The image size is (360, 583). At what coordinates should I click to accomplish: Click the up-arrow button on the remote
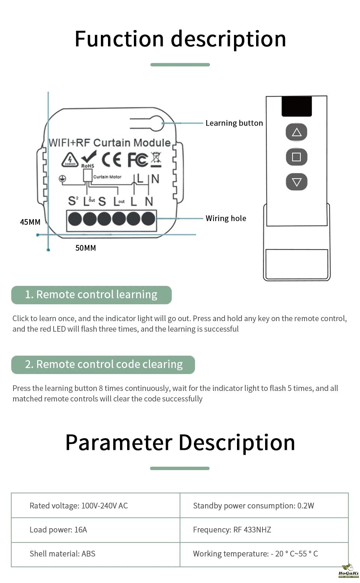[x=297, y=132]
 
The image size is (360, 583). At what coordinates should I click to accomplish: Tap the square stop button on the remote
[x=297, y=157]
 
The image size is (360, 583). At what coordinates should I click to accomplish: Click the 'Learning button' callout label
[x=234, y=123]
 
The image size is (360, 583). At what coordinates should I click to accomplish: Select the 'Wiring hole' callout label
[x=226, y=218]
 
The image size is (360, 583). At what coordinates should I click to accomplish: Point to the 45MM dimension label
[x=30, y=222]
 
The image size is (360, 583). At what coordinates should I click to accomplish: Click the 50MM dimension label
[x=85, y=248]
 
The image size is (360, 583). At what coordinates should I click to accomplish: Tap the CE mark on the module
[x=111, y=160]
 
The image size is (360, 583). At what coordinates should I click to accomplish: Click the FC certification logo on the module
[x=137, y=160]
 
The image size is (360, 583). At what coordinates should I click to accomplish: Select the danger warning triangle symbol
[x=70, y=160]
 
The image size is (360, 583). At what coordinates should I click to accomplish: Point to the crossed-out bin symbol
[x=156, y=159]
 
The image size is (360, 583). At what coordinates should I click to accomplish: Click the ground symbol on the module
[x=62, y=179]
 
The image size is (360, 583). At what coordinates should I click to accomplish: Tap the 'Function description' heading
[x=180, y=39]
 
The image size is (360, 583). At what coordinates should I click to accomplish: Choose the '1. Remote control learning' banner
[x=91, y=295]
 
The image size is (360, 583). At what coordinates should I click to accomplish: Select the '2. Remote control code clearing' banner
[x=103, y=365]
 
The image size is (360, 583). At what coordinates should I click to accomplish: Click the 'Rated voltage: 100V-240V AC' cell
[x=79, y=506]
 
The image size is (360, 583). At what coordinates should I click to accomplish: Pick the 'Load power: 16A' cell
[x=58, y=530]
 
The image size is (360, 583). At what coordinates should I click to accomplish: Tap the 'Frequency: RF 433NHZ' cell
[x=232, y=530]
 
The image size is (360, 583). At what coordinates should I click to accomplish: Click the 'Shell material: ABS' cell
[x=62, y=554]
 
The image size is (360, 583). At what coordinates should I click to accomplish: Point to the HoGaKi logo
[x=348, y=572]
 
